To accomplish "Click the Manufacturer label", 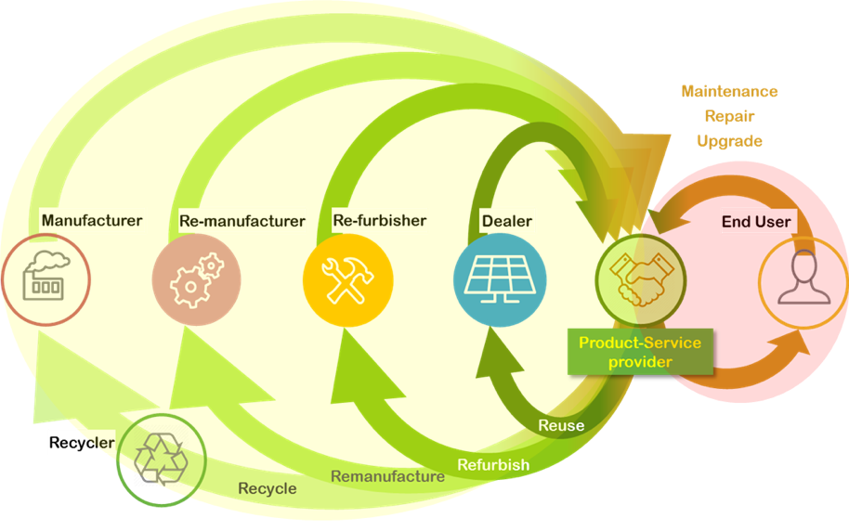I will pyautogui.click(x=92, y=221).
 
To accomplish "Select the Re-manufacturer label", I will pyautogui.click(x=242, y=221).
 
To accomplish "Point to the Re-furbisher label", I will pyautogui.click(x=379, y=221).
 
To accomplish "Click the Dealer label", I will pyautogui.click(x=507, y=221).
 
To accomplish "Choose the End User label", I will pyautogui.click(x=756, y=222).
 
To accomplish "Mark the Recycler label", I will pyautogui.click(x=82, y=443).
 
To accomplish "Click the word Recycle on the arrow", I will pyautogui.click(x=268, y=488).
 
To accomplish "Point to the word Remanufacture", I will pyautogui.click(x=387, y=476).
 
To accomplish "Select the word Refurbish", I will pyautogui.click(x=493, y=464).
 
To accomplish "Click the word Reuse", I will pyautogui.click(x=561, y=425).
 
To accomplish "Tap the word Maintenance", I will pyautogui.click(x=729, y=92).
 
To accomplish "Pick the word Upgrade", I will pyautogui.click(x=729, y=141).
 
